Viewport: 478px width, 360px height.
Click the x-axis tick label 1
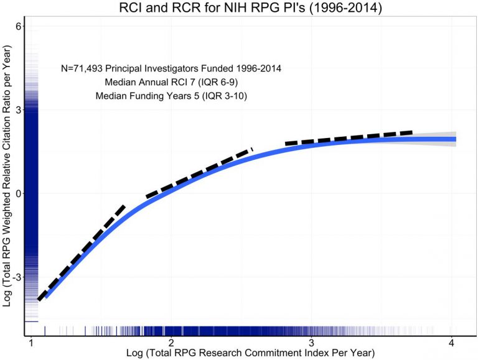click(x=30, y=343)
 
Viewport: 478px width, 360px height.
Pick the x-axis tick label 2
click(x=171, y=343)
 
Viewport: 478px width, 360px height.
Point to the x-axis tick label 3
click(x=311, y=343)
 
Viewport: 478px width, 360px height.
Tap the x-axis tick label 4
click(x=451, y=343)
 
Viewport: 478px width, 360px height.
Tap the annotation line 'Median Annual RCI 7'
click(x=171, y=82)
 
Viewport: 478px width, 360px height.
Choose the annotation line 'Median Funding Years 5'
click(x=171, y=96)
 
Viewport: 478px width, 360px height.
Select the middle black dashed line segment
click(x=199, y=172)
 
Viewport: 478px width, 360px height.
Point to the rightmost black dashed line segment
click(x=349, y=137)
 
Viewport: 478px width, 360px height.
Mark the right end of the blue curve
click(x=455, y=139)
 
